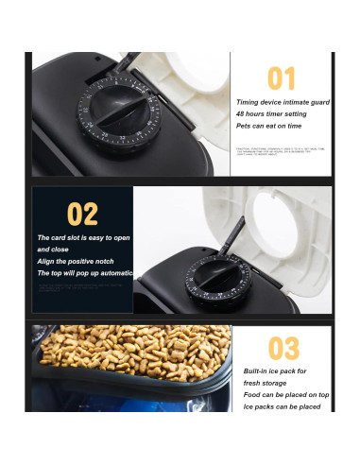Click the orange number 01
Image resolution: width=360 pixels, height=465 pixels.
click(x=281, y=78)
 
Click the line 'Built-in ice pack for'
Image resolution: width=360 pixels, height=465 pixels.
click(x=275, y=371)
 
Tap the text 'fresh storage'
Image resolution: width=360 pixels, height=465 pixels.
click(x=266, y=383)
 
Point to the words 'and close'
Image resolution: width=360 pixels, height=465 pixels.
click(x=54, y=250)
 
